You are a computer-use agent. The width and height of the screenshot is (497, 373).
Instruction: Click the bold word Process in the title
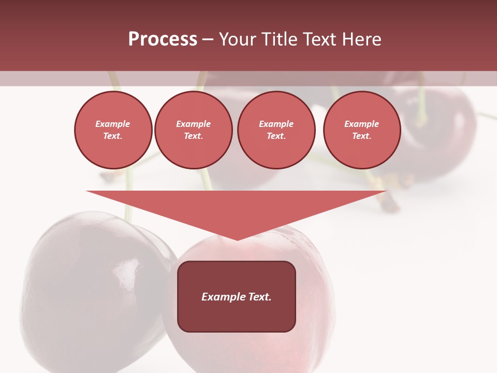tap(163, 39)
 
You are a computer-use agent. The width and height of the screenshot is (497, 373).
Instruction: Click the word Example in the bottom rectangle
tap(224, 297)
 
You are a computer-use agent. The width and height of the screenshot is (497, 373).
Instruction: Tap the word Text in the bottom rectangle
tap(260, 297)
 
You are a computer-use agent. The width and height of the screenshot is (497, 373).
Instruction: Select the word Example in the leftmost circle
tap(113, 124)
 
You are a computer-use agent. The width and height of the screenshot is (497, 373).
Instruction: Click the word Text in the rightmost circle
tap(361, 136)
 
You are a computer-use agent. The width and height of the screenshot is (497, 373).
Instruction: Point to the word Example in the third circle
tap(276, 124)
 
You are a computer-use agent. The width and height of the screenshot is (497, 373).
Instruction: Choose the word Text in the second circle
tap(193, 136)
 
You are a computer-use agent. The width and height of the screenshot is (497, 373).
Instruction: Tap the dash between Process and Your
tap(208, 39)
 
